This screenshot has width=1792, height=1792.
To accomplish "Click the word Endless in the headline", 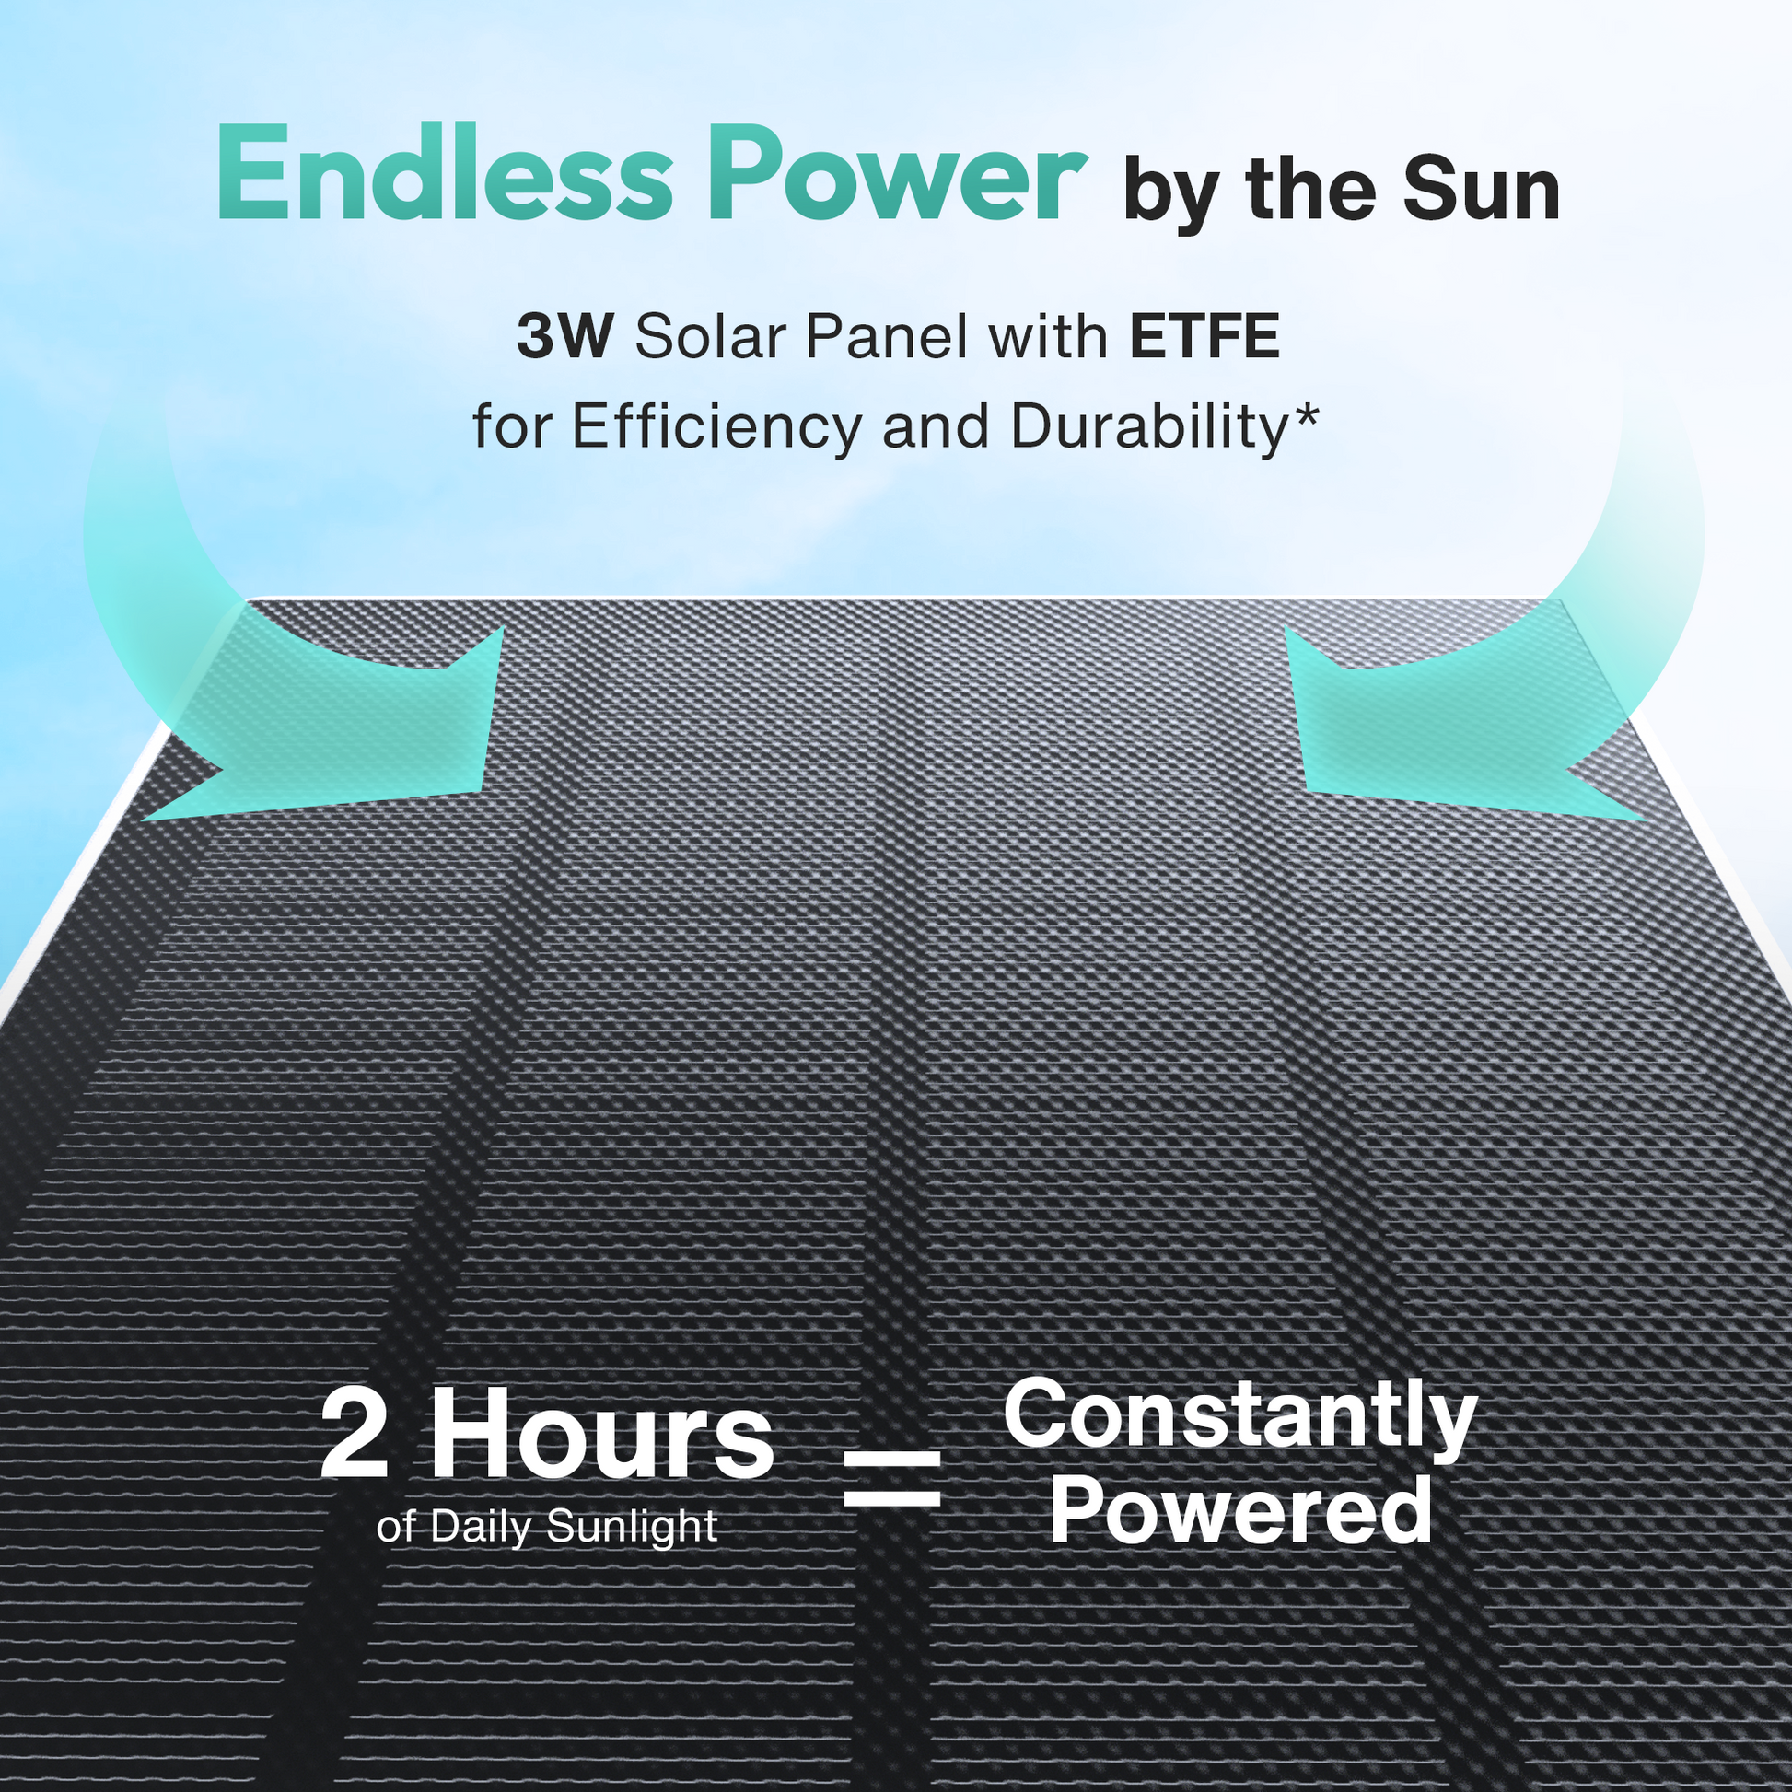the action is click(x=444, y=173).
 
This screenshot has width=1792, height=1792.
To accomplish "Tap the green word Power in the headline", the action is click(x=900, y=173).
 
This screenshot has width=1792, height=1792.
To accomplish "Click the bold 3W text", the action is click(x=564, y=337).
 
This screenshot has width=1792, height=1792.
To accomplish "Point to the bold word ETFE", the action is click(x=1204, y=337).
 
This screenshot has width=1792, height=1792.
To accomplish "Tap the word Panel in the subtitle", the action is click(x=886, y=337).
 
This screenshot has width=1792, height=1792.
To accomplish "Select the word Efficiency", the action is click(x=716, y=427).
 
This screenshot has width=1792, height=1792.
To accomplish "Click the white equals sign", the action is click(x=892, y=1482).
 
